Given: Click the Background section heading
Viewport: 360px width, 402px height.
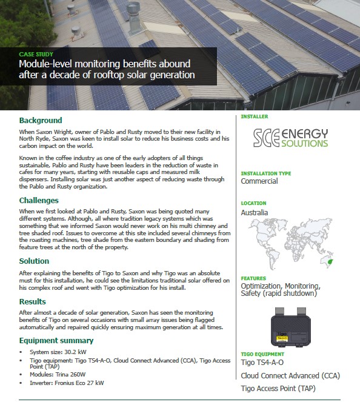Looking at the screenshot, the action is tap(41, 120).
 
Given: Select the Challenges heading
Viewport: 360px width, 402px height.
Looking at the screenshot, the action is tap(39, 200).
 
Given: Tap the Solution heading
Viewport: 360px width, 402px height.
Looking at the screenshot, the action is tap(34, 261).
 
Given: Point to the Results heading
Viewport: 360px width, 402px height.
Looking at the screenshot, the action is tap(33, 301).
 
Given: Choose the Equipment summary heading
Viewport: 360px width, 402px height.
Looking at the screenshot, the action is tap(56, 341).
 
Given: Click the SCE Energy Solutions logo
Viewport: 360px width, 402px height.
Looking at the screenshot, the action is tap(291, 138).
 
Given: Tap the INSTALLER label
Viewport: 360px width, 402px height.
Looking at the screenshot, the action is tap(255, 116).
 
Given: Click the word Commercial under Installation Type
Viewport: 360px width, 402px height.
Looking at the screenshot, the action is tap(259, 181).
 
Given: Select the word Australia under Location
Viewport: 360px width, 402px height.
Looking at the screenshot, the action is tap(255, 213).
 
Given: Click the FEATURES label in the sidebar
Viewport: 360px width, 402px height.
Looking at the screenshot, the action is tap(253, 278).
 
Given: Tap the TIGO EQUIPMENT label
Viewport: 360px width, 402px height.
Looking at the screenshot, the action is tap(262, 354).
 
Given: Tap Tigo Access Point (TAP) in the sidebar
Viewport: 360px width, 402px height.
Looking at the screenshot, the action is tap(279, 388).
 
